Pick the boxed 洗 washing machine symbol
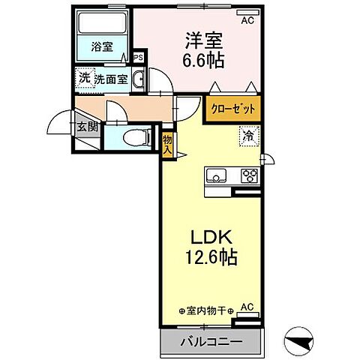point(85,78)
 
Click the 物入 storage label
point(167,143)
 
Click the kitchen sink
point(217,177)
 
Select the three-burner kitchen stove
point(248,176)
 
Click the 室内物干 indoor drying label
point(206,310)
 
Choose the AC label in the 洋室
point(247,20)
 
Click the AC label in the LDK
point(247,307)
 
